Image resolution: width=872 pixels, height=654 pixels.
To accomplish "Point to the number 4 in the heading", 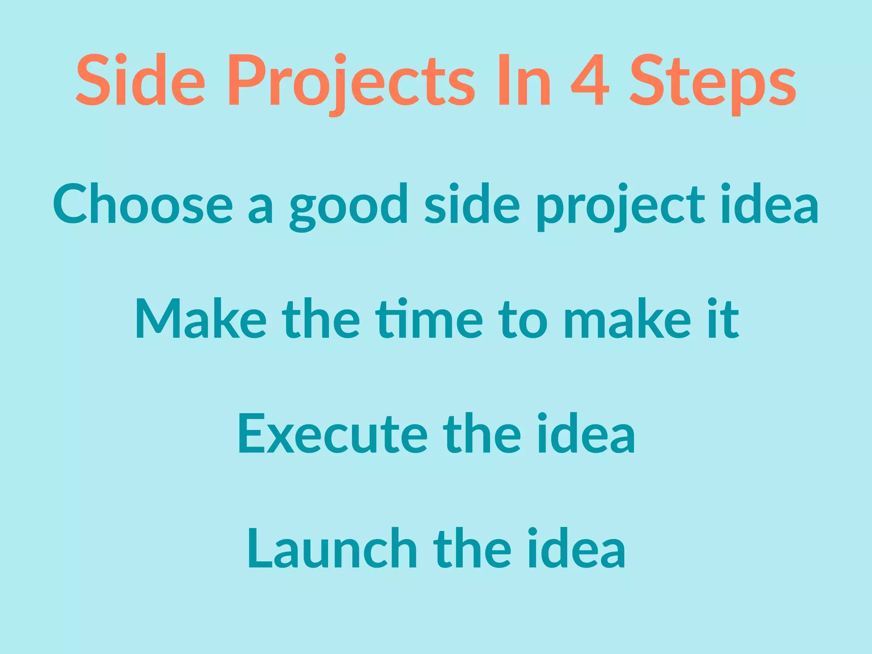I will pos(590,81).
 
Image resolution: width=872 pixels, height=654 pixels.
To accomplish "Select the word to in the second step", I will pos(523,319).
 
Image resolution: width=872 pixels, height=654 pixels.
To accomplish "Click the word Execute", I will pos(333,434).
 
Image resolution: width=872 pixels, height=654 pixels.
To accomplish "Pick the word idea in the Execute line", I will pos(585,434).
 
